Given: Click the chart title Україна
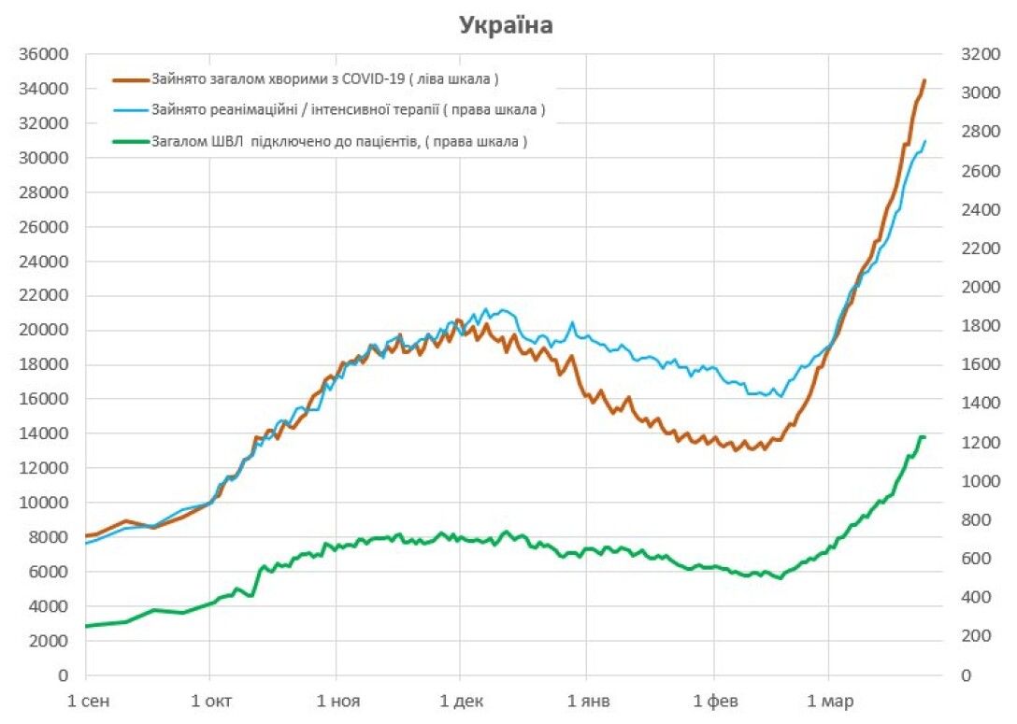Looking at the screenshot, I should (506, 25).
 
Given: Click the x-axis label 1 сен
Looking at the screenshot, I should (86, 701).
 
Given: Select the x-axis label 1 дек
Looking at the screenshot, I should (459, 701).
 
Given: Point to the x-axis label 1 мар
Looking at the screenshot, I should (828, 701).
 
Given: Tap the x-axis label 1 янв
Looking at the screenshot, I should (586, 701).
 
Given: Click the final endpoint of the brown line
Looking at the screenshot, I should (924, 80).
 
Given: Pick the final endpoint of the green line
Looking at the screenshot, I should (924, 437).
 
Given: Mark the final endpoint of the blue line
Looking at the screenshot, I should (924, 142).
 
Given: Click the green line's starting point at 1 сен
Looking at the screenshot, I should (86, 626).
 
